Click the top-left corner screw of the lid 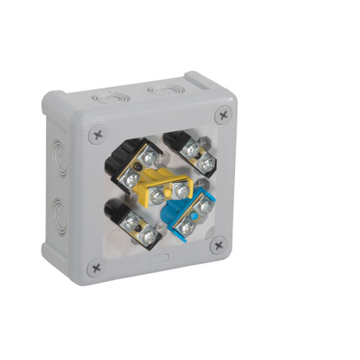[97, 135]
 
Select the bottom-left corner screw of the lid [96, 267]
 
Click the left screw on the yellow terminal [158, 193]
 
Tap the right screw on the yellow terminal [182, 191]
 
